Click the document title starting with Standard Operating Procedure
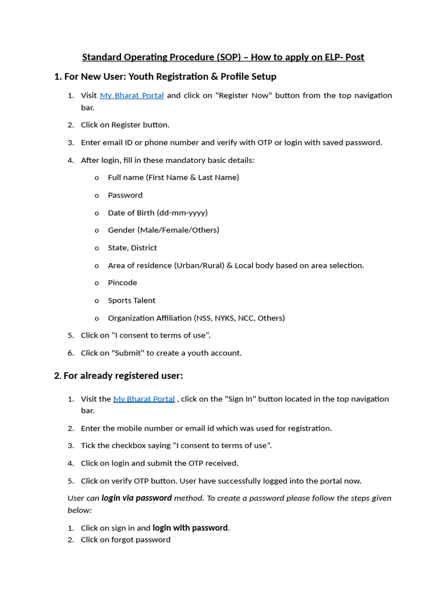[x=223, y=57]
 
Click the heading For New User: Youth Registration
[x=165, y=77]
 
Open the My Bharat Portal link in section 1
[x=132, y=95]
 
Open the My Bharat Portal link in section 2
[x=144, y=399]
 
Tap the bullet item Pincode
[x=122, y=283]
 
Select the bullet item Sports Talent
[x=132, y=300]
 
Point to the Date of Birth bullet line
[x=157, y=212]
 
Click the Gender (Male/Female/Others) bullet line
[x=163, y=230]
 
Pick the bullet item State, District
[x=132, y=248]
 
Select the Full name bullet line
[x=173, y=178]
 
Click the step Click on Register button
[x=125, y=125]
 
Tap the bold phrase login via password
[x=136, y=498]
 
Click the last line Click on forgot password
[x=125, y=540]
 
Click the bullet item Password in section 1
[x=125, y=195]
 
